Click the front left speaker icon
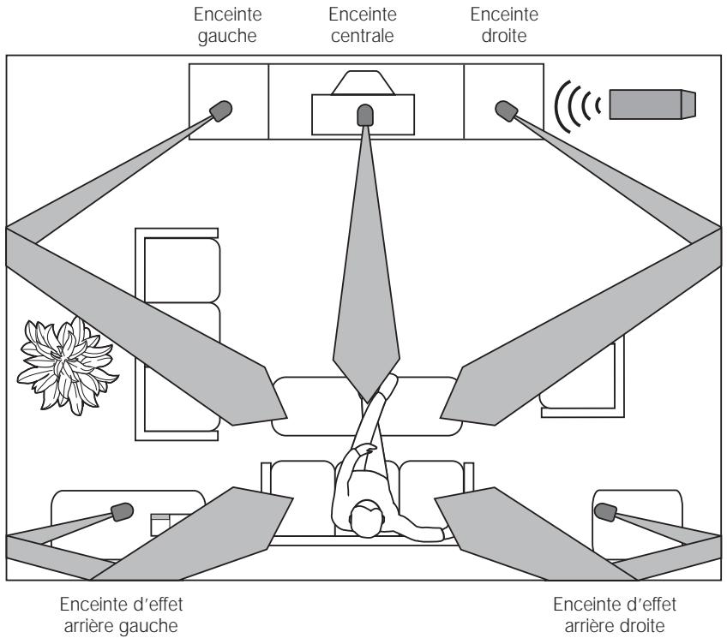(221, 110)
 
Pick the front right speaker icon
(507, 110)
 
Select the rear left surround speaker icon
(121, 512)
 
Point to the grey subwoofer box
(652, 104)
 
